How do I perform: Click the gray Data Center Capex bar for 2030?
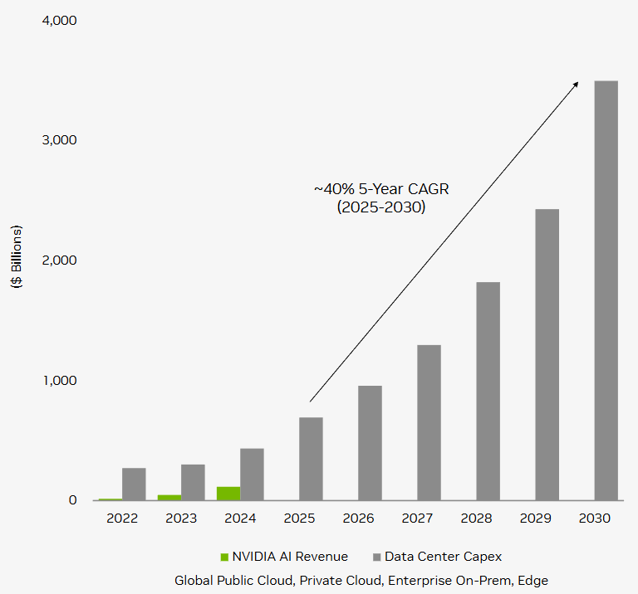pos(606,290)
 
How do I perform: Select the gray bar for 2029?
pos(547,354)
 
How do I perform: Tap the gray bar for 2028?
pos(488,391)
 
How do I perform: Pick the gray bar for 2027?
pos(429,422)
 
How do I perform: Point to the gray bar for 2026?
pos(370,443)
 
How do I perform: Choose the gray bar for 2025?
pos(311,459)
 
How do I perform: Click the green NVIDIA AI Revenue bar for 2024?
pos(228,494)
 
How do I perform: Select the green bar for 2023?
pos(169,497)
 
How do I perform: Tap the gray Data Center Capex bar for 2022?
pos(134,484)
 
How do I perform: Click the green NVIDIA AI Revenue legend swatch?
pos(224,557)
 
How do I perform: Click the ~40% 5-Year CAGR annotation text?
pos(381,189)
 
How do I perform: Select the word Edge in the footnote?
pos(532,580)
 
